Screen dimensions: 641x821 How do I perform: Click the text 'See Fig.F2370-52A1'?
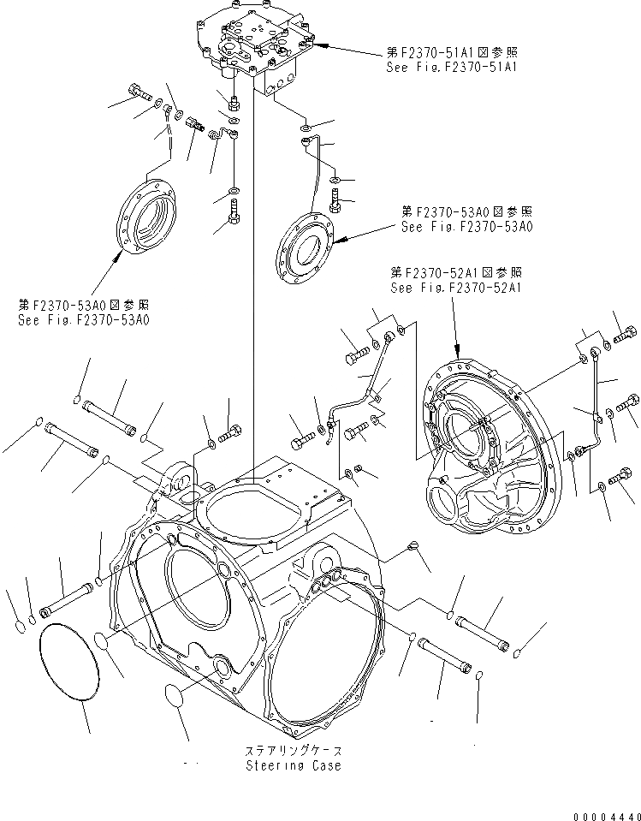tap(455, 288)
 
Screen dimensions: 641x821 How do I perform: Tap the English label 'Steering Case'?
tap(293, 764)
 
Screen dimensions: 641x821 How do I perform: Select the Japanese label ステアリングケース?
tap(292, 751)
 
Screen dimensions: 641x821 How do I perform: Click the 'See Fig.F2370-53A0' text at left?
tap(83, 319)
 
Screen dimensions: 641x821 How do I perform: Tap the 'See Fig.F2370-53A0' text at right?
tap(466, 227)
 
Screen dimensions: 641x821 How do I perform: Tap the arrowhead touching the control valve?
tap(318, 39)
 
